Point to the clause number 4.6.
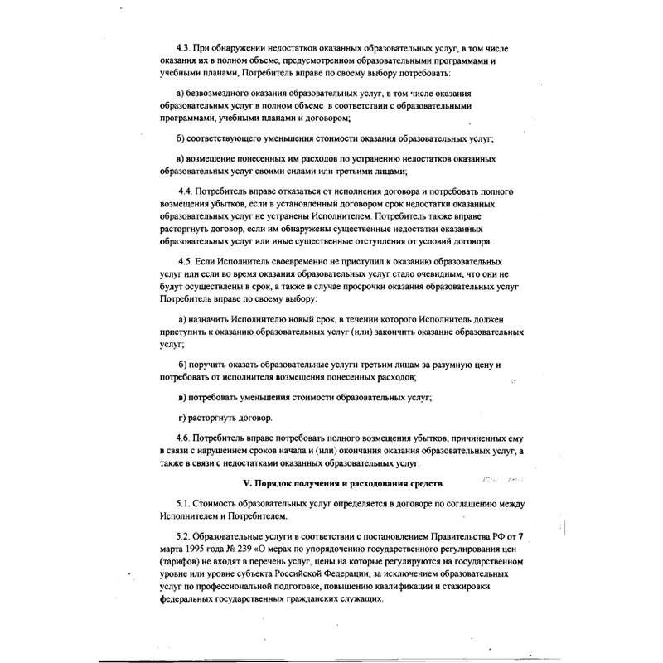click(x=183, y=436)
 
